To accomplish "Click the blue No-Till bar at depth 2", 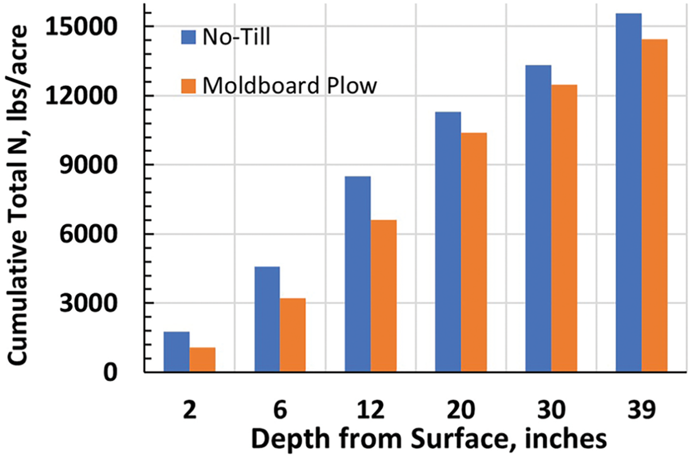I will tap(177, 352).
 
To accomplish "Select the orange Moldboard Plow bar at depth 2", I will tap(202, 360).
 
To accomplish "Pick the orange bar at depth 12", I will tap(383, 296).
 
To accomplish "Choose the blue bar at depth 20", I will tap(448, 242).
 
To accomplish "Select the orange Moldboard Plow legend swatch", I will tap(189, 86).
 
